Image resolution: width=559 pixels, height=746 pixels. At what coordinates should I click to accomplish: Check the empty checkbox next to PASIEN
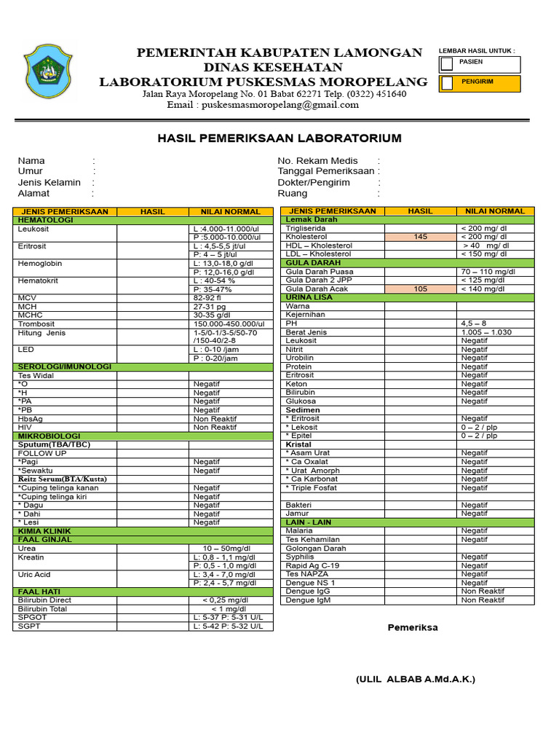[447, 65]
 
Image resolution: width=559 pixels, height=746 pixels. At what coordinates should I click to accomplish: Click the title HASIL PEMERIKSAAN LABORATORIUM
[279, 138]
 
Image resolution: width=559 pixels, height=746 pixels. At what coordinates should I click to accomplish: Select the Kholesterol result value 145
[421, 237]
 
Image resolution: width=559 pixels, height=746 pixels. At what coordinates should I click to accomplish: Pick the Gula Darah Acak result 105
[421, 289]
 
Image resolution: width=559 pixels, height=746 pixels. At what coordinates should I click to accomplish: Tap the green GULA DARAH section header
[313, 263]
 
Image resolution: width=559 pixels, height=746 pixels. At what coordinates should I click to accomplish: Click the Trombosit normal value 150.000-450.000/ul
[229, 324]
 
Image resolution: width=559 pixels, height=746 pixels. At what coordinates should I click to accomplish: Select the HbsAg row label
[30, 419]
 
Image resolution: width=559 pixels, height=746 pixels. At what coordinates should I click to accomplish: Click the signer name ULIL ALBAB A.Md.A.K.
[415, 679]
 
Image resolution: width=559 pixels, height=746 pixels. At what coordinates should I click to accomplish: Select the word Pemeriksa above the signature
[413, 627]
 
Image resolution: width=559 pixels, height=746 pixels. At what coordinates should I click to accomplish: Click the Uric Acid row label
[34, 575]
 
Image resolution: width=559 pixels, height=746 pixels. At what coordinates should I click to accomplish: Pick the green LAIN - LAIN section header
[309, 522]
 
